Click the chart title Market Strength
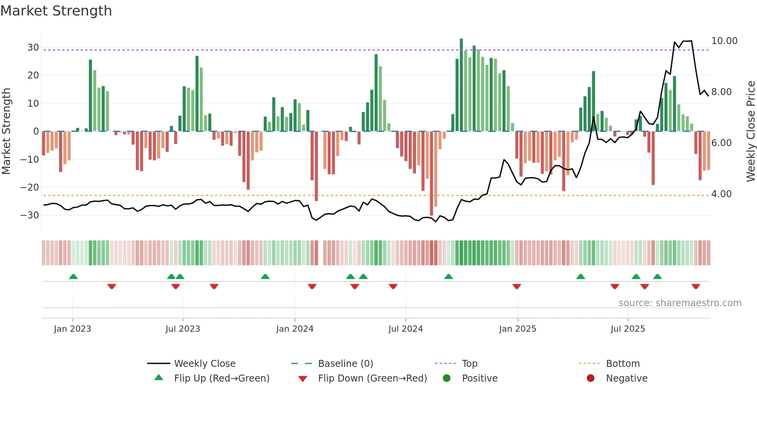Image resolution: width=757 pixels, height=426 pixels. (56, 11)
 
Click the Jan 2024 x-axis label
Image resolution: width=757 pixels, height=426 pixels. (295, 329)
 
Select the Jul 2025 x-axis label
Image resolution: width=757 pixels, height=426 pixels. (628, 329)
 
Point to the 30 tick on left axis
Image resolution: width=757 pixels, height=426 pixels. (33, 48)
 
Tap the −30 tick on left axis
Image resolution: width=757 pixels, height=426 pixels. (30, 215)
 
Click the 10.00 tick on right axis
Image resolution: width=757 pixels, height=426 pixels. (724, 41)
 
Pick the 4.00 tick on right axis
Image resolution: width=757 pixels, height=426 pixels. (721, 194)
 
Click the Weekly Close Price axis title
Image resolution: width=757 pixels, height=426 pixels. (750, 131)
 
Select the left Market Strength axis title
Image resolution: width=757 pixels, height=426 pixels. (6, 131)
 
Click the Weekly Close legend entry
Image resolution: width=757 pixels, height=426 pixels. (204, 364)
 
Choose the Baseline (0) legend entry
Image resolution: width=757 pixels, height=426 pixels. (345, 364)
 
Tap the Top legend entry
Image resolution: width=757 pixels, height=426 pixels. (469, 364)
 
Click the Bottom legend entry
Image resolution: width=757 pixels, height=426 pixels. (623, 364)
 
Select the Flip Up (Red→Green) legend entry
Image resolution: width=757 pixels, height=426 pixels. (221, 378)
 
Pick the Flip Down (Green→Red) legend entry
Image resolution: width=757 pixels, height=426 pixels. (372, 378)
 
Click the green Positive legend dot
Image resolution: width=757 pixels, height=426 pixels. (447, 378)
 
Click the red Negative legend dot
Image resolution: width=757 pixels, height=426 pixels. (591, 378)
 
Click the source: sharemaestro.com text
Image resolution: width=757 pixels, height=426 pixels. (680, 303)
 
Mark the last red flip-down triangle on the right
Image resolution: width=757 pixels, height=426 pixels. (696, 286)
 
